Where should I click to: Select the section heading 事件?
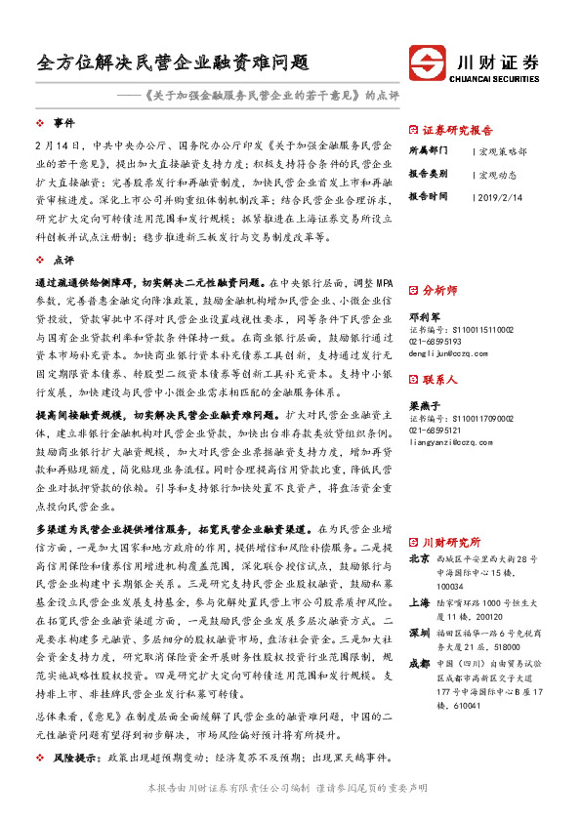click(x=63, y=124)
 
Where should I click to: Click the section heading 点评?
click(x=63, y=261)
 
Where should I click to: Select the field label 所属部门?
click(x=428, y=152)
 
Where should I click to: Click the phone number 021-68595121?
click(x=436, y=431)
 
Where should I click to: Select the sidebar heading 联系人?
click(x=439, y=380)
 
